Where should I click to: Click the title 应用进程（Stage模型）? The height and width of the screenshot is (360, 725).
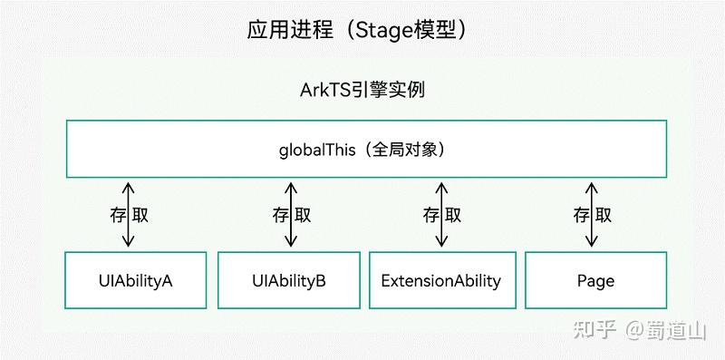coord(362,29)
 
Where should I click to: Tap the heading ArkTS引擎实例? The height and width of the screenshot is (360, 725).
coord(362,91)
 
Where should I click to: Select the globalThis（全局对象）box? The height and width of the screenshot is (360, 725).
coord(362,148)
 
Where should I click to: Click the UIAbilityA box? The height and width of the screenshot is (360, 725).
coord(136,280)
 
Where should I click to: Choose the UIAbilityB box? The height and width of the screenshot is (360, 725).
coord(290,280)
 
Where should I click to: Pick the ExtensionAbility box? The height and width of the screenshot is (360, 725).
coord(441,280)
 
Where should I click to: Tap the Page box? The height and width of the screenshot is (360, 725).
coord(595,280)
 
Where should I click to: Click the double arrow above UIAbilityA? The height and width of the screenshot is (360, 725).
coord(129,215)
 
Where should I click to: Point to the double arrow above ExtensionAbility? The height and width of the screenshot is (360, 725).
coord(442,215)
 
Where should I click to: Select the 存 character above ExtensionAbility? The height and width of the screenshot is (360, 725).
coord(430,215)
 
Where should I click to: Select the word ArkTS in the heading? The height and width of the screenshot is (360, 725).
coord(323,91)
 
